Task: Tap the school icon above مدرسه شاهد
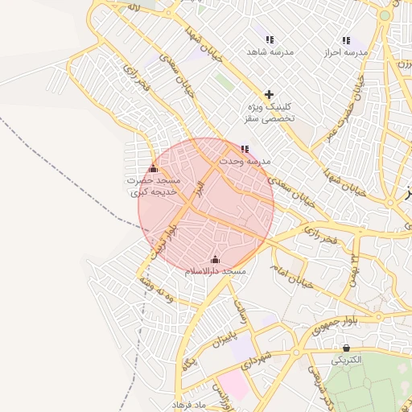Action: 270,39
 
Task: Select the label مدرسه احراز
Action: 346,51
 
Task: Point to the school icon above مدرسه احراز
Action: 346,39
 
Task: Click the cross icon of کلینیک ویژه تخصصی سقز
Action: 269,94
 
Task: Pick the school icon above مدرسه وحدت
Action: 245,149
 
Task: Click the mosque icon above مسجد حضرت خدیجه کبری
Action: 154,168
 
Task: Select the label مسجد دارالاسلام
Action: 215,272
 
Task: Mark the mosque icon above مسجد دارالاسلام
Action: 215,259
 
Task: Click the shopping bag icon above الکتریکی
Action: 346,348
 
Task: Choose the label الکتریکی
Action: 347,360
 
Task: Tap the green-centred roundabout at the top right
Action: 385,15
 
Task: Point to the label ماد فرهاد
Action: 191,402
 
